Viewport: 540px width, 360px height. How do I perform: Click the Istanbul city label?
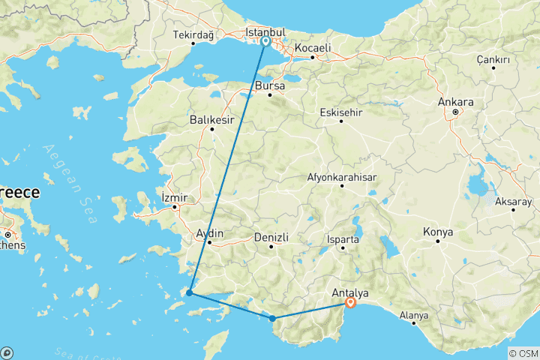266,32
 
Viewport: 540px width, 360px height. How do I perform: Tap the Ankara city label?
458,102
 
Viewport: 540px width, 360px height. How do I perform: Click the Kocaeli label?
313,47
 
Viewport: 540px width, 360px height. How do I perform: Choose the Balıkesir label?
212,119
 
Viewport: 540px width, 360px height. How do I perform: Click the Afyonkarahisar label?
342,178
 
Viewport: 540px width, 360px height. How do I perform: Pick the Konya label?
438,232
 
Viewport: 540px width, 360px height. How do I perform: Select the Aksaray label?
514,202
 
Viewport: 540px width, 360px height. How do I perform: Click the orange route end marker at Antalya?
350,302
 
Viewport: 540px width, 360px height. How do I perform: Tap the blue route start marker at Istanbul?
265,41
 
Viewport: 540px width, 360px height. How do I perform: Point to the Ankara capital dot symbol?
455,112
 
